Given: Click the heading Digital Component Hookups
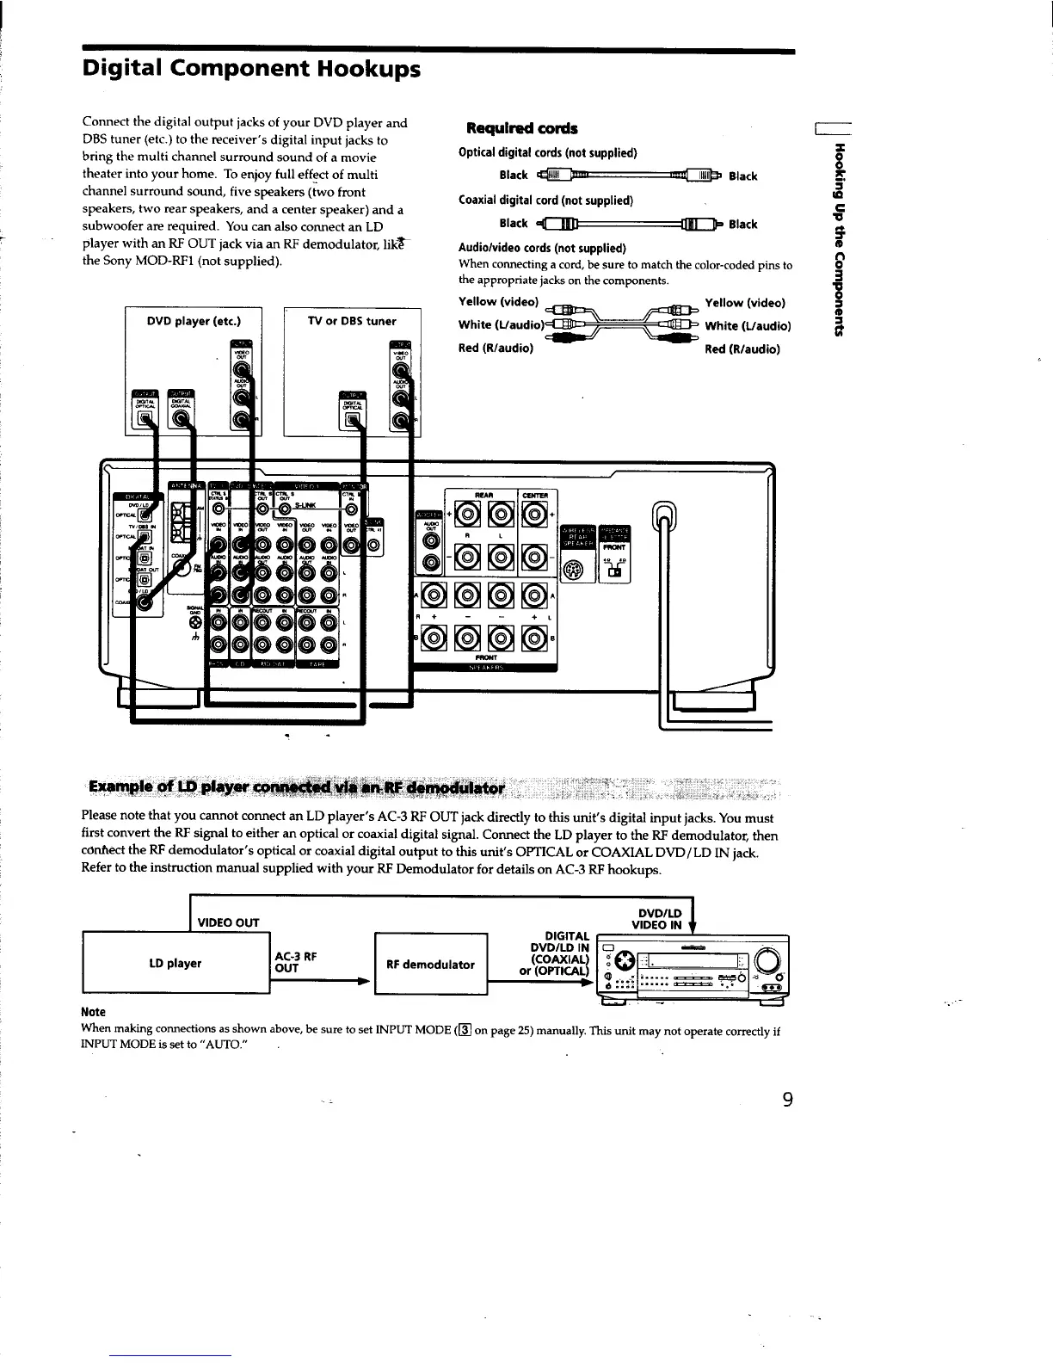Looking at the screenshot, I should click(x=251, y=68).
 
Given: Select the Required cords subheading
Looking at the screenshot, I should click(x=521, y=128).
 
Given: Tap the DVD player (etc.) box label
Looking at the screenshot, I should click(x=193, y=322).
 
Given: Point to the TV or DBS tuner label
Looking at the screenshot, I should click(x=352, y=322).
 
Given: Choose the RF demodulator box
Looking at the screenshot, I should click(x=430, y=964).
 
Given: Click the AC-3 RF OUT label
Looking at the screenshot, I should click(x=296, y=962).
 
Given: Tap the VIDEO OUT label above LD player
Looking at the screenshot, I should click(x=229, y=923).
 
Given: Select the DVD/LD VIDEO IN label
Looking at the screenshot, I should click(x=656, y=919).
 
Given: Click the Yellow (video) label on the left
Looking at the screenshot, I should click(x=499, y=302).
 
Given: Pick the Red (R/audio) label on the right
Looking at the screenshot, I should click(x=742, y=349).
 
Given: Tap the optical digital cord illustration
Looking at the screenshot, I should click(x=631, y=176).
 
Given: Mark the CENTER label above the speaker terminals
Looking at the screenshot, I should click(x=540, y=494).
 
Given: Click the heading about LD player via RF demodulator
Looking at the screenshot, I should click(x=300, y=786).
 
